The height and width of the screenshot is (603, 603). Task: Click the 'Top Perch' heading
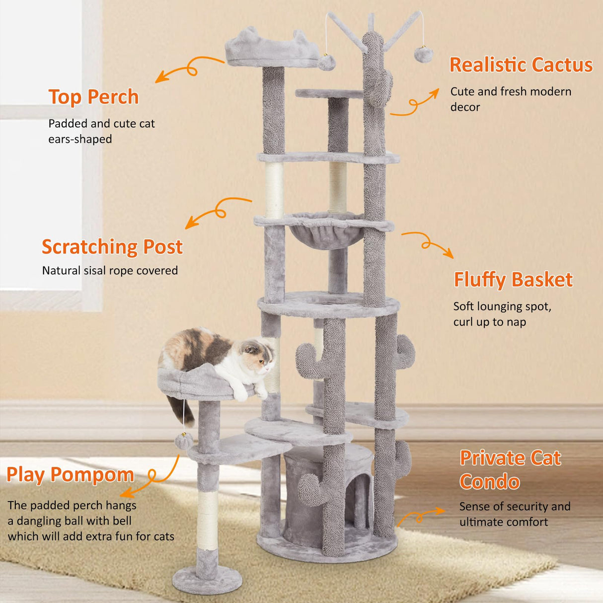pyautogui.click(x=93, y=97)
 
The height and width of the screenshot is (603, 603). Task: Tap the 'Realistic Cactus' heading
pyautogui.click(x=521, y=65)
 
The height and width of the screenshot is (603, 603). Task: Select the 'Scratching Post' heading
pyautogui.click(x=112, y=247)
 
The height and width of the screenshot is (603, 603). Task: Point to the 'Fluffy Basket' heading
pyautogui.click(x=513, y=280)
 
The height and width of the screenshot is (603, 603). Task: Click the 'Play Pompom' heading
pyautogui.click(x=70, y=475)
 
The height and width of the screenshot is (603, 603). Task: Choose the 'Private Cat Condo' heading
pyautogui.click(x=510, y=470)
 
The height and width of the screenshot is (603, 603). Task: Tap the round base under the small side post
pyautogui.click(x=207, y=580)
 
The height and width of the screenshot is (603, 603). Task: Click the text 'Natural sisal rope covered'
pyautogui.click(x=110, y=271)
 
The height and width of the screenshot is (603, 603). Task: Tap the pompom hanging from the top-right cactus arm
pyautogui.click(x=424, y=54)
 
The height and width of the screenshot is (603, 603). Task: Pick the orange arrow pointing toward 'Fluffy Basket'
pyautogui.click(x=428, y=244)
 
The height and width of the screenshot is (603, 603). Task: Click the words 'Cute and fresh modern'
pyautogui.click(x=511, y=92)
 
